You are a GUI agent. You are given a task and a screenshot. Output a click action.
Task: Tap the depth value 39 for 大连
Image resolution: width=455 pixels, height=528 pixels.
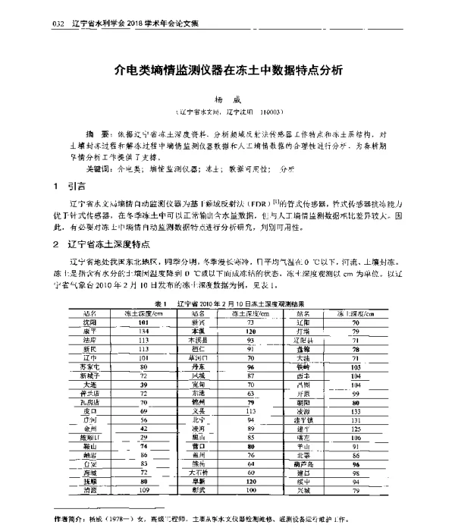(143, 385)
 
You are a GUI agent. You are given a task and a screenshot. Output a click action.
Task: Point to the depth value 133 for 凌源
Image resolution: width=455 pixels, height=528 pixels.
(355, 410)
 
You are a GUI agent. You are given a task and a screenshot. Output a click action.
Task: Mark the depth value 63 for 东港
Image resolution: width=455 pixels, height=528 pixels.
(249, 394)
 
